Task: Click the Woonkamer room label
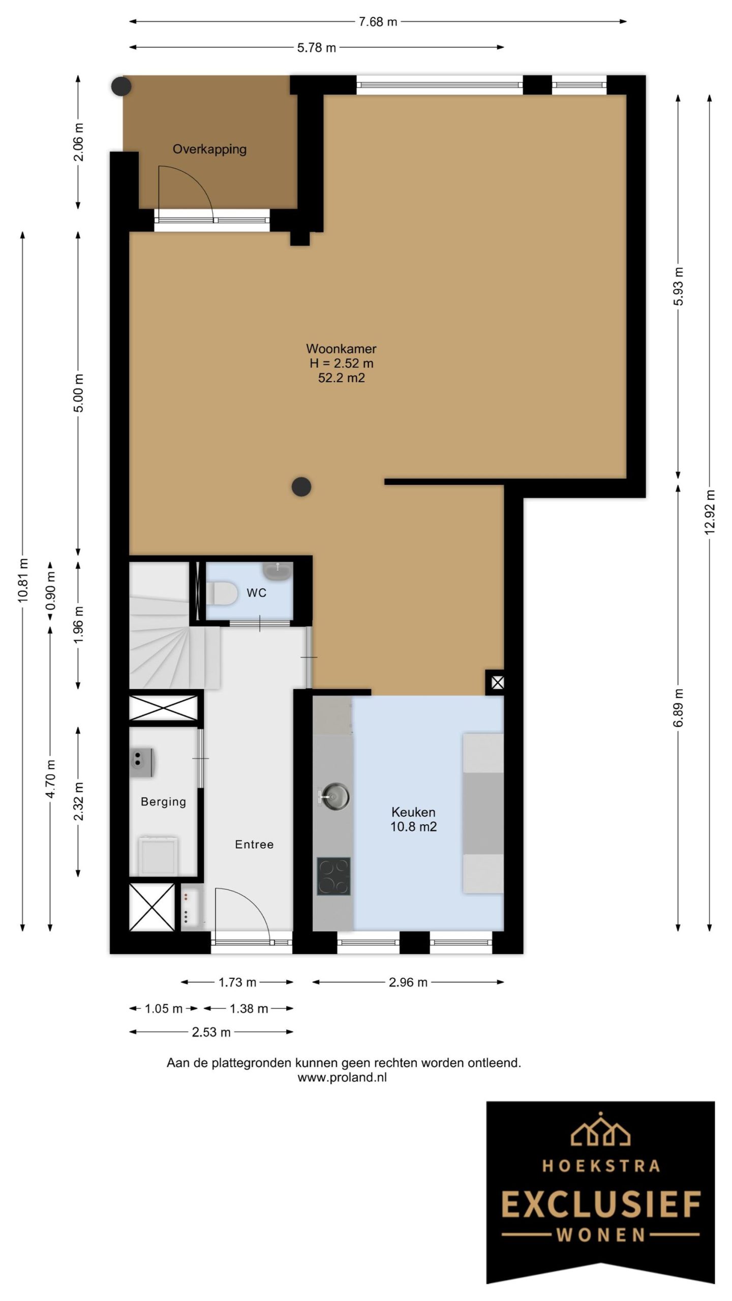pos(341,349)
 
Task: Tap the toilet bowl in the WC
pos(222,593)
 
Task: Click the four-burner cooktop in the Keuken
pos(334,876)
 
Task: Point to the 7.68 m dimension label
pos(378,21)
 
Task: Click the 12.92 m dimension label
pos(710,512)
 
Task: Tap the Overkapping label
pos(209,149)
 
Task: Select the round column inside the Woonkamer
pos(301,487)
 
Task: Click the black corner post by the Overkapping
pos(121,86)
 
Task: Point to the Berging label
pos(163,801)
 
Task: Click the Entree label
pos(254,844)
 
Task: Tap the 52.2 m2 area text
pos(341,378)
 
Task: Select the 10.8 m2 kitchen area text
pos(413,826)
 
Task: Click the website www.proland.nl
pos(342,1077)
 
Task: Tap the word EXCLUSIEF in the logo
pos(601,1205)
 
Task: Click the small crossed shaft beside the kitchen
pos(497,683)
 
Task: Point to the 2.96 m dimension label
pos(408,982)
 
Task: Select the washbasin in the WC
pos(278,571)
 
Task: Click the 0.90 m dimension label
pos(50,591)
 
